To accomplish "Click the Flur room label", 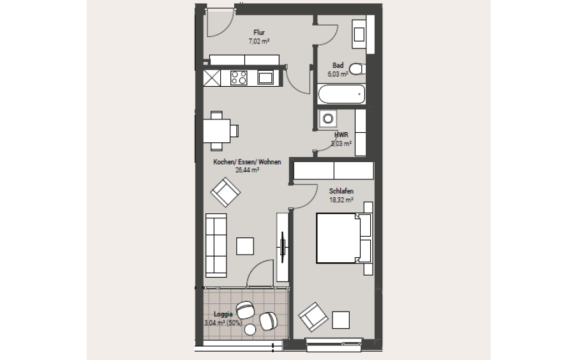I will pyautogui.click(x=259, y=33).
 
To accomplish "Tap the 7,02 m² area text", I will pyautogui.click(x=259, y=41).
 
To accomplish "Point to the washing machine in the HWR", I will pyautogui.click(x=328, y=119).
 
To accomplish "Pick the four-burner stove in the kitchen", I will pyautogui.click(x=239, y=78).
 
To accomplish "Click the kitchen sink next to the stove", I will pyautogui.click(x=266, y=78).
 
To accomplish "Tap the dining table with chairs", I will pyautogui.click(x=216, y=130).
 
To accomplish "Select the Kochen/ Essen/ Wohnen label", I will pyautogui.click(x=247, y=162).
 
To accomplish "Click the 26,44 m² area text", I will pyautogui.click(x=247, y=170).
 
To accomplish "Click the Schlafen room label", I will pyautogui.click(x=341, y=191).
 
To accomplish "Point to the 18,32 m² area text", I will pyautogui.click(x=341, y=200).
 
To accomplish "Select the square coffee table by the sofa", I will pyautogui.click(x=245, y=246).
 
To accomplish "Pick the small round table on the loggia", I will pyautogui.click(x=250, y=329).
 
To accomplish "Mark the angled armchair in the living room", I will pyautogui.click(x=224, y=191).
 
